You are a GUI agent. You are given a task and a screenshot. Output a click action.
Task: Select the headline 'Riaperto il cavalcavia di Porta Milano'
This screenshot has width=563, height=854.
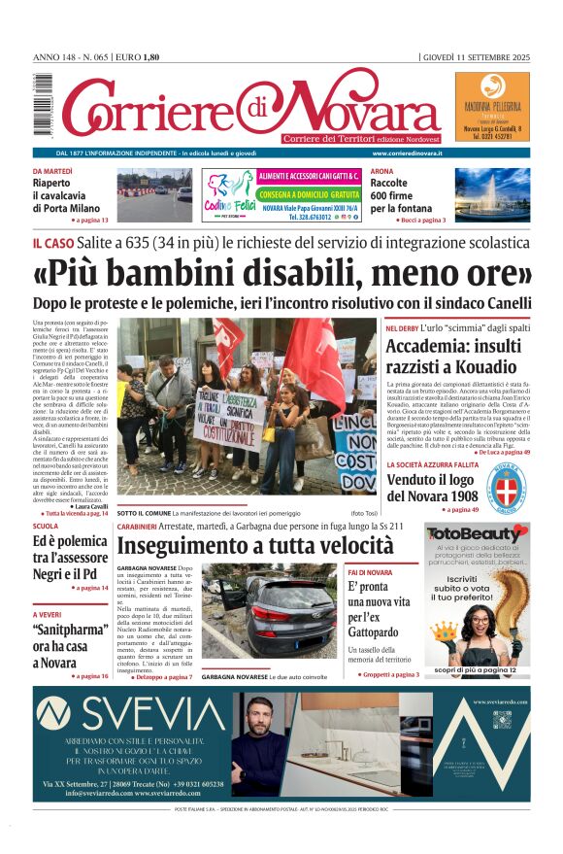point(65,194)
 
